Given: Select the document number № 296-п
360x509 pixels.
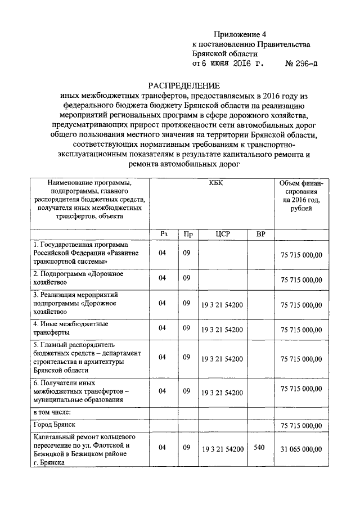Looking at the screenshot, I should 301,64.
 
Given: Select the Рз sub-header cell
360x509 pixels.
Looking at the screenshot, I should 163,233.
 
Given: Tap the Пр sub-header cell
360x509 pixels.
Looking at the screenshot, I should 186,233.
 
